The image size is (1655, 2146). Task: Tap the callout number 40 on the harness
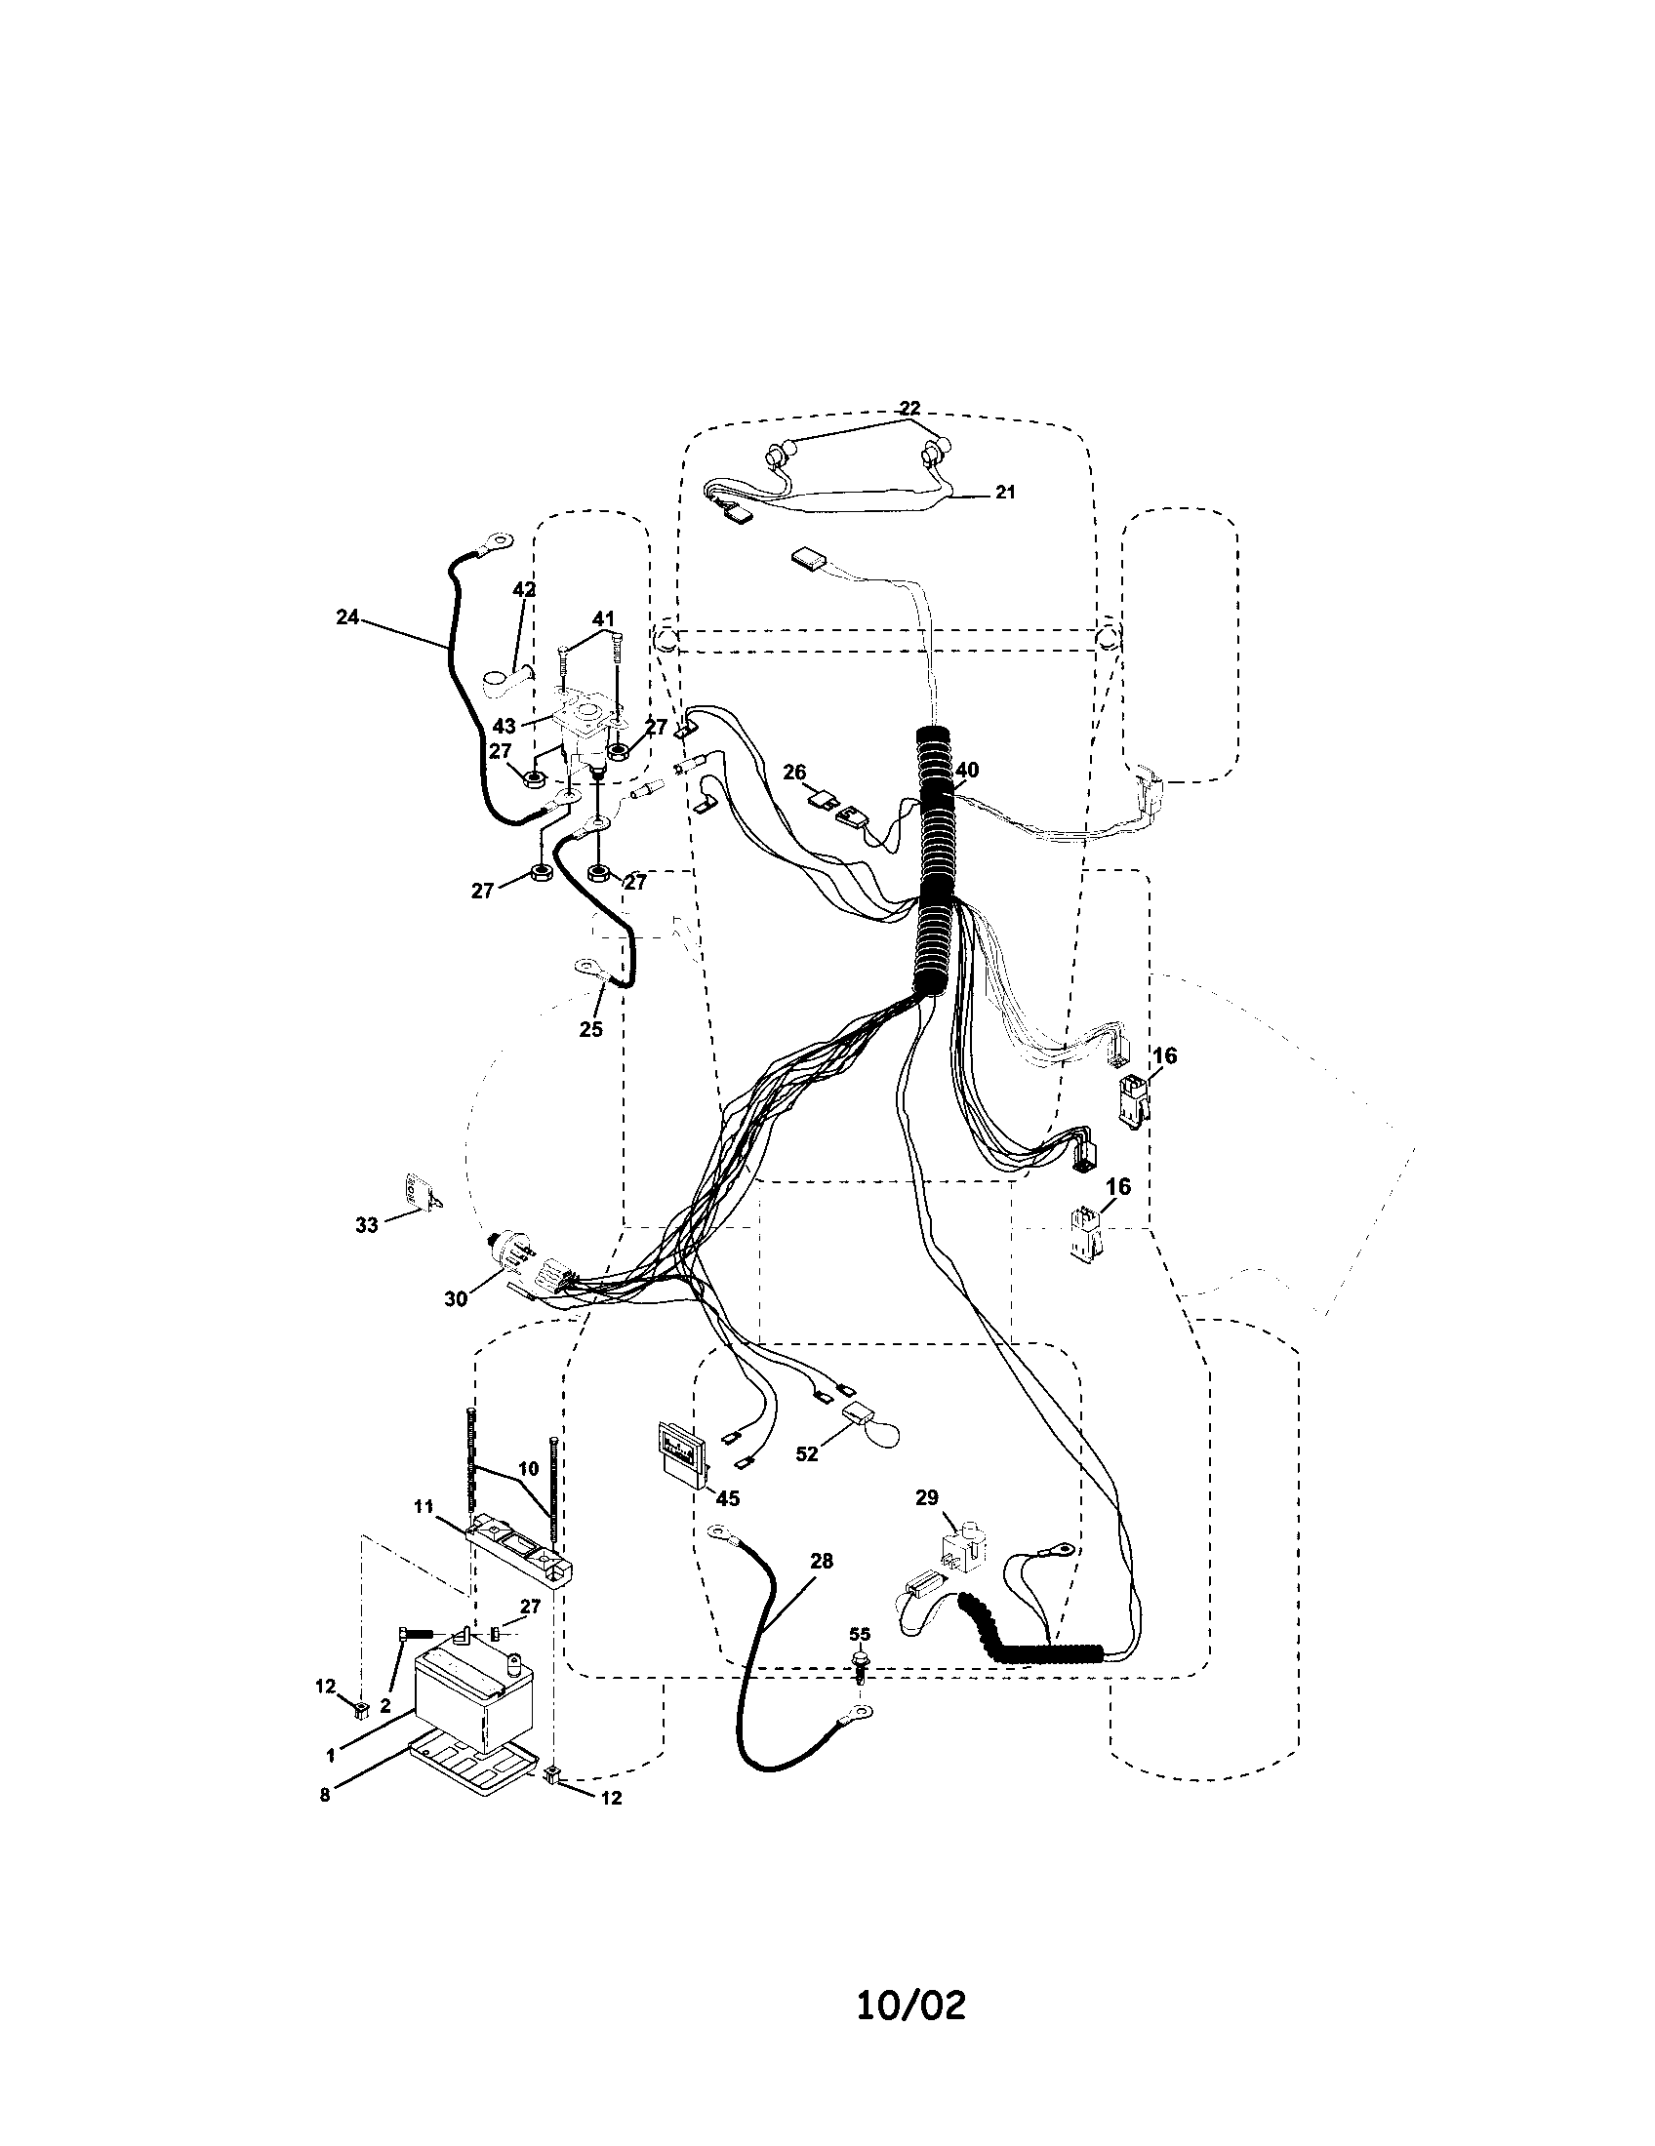click(967, 771)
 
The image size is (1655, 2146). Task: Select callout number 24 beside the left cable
click(347, 617)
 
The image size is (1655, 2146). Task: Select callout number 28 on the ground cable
click(821, 1562)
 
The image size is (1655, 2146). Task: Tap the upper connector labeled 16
click(1131, 1098)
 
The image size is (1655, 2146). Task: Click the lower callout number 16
click(1118, 1187)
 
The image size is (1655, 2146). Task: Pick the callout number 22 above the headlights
click(910, 408)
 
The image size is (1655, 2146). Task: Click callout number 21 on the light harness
click(1004, 493)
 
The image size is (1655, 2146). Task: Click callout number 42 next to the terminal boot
click(524, 589)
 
